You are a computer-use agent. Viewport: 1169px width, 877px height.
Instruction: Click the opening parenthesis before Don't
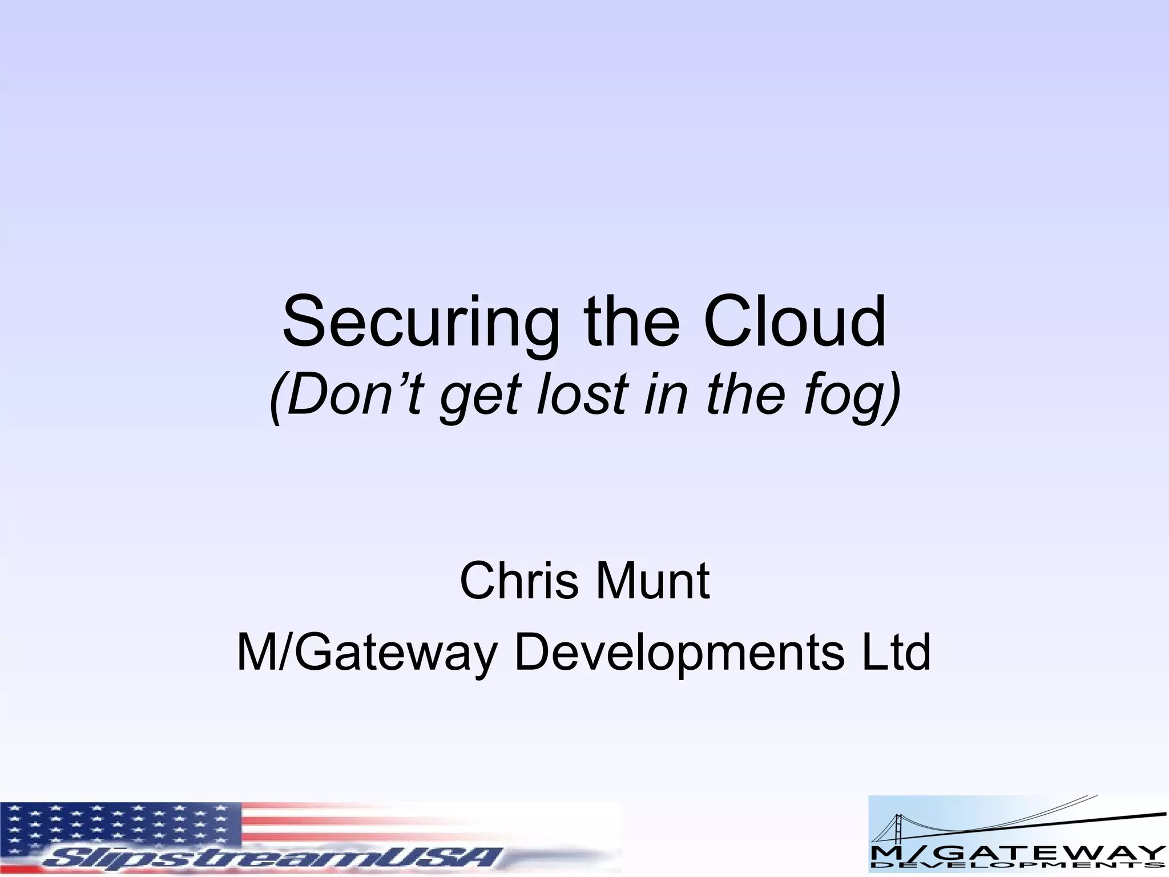click(x=276, y=395)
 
